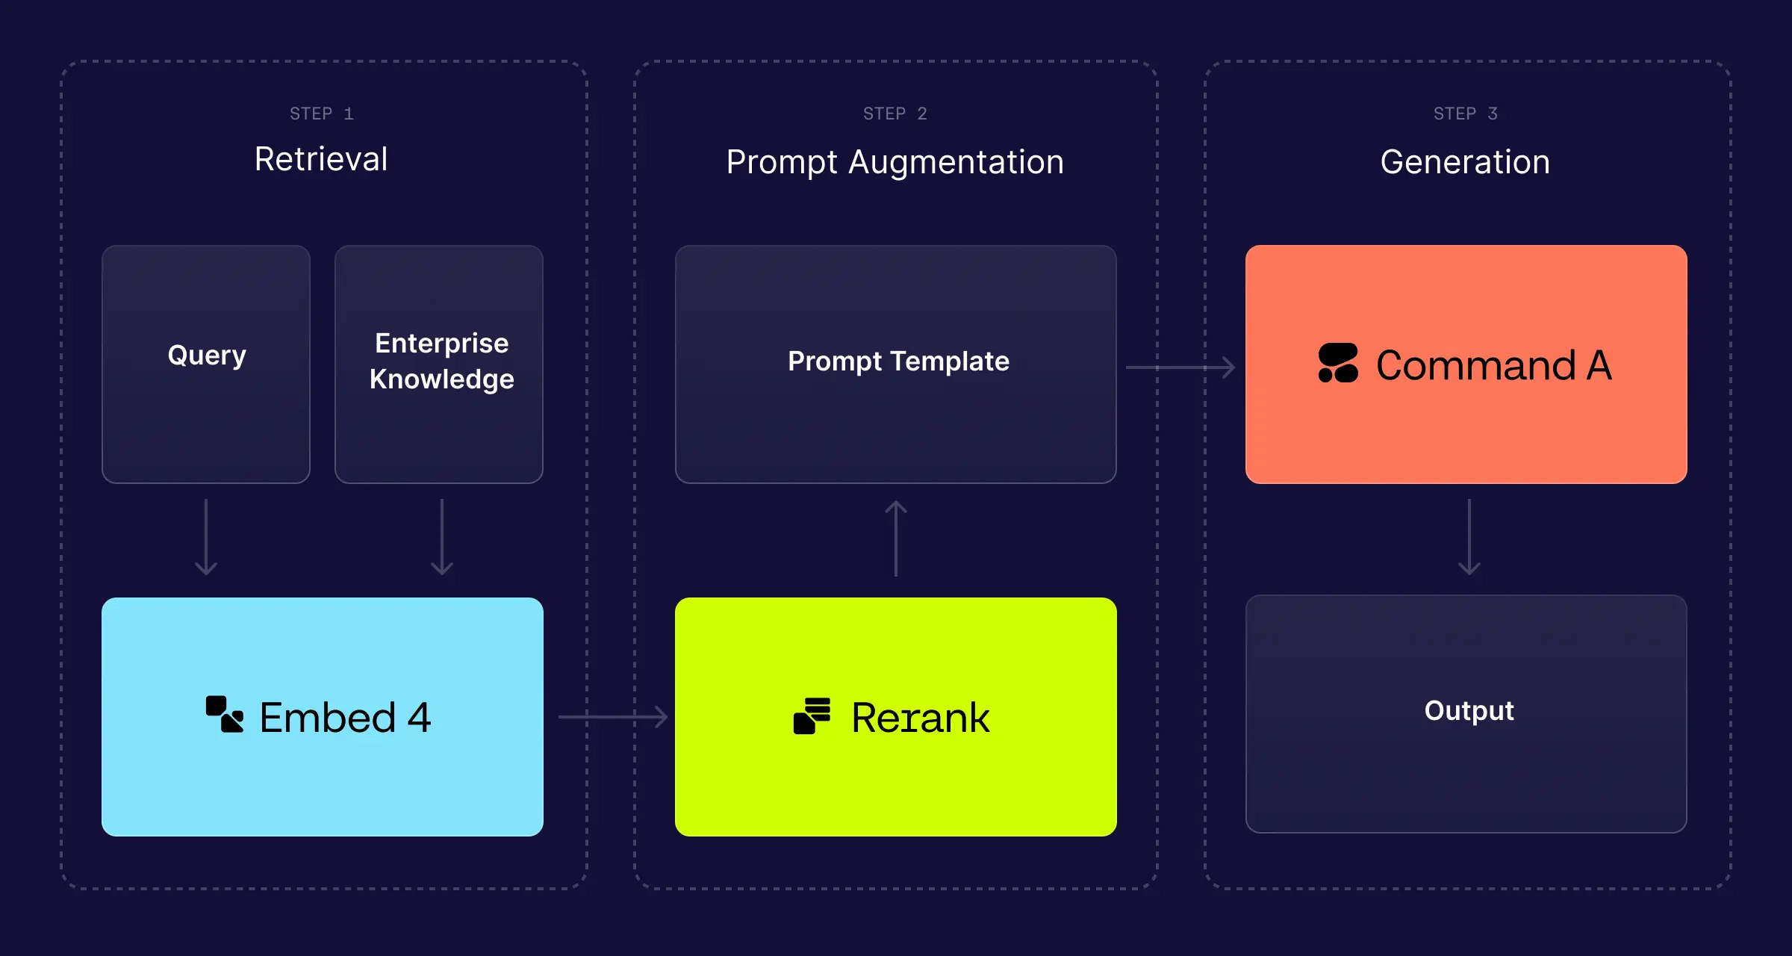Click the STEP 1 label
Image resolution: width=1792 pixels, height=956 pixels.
click(322, 114)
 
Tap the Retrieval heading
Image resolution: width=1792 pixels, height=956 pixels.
click(321, 159)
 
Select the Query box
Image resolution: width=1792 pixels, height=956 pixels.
click(206, 364)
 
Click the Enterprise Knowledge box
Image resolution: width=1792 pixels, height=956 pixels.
click(439, 364)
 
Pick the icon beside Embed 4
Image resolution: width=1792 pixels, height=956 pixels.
click(225, 715)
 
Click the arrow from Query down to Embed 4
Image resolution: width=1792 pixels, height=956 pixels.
click(206, 538)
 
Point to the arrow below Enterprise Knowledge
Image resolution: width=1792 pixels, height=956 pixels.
click(442, 538)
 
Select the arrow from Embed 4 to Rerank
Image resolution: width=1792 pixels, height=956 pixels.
click(613, 717)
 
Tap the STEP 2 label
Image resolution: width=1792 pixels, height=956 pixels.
click(895, 114)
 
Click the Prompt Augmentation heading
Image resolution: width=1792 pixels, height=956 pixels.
click(895, 162)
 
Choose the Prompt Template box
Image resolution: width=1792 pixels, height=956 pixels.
click(896, 364)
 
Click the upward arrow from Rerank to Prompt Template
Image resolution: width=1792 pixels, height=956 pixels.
click(896, 538)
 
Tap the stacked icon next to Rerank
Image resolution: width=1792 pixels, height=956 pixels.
click(812, 716)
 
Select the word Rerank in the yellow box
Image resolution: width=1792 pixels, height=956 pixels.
click(921, 718)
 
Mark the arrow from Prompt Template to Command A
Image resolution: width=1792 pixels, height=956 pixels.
click(1180, 367)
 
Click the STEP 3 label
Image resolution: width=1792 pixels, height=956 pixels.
click(1466, 114)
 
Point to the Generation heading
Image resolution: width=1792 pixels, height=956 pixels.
click(1465, 162)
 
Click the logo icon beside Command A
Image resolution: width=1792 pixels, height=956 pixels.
click(1338, 363)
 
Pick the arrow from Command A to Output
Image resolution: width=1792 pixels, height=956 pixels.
click(1469, 538)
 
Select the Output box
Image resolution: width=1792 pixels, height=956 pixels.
click(1466, 713)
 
